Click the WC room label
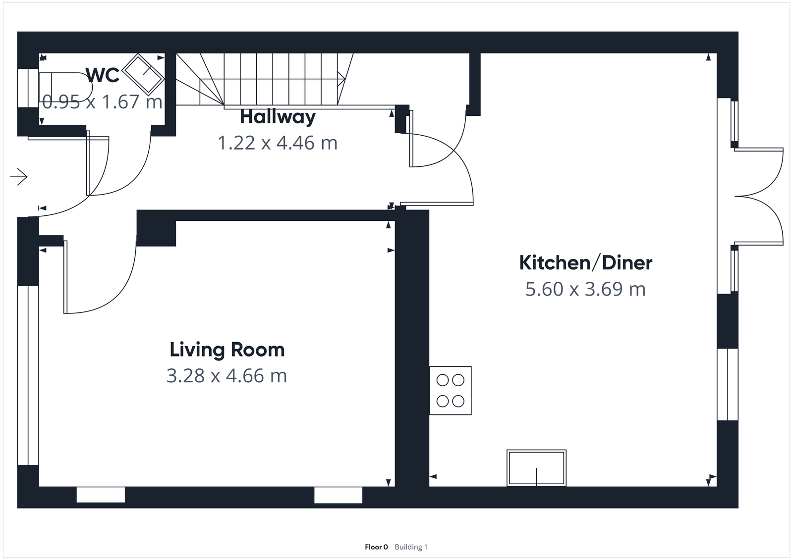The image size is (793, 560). click(x=103, y=75)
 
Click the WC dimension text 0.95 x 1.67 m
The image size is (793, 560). click(x=102, y=102)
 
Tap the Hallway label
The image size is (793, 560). click(x=278, y=117)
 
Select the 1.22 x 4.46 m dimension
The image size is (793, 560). click(x=278, y=143)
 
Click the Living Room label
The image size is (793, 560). click(x=227, y=350)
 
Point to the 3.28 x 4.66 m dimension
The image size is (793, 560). click(x=227, y=376)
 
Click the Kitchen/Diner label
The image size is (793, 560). click(x=585, y=262)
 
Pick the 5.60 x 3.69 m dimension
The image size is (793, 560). click(x=585, y=289)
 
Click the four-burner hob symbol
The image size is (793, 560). click(x=450, y=390)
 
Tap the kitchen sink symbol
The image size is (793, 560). click(x=536, y=467)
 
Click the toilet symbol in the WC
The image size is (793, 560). click(x=64, y=89)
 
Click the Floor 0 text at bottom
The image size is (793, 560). click(x=376, y=547)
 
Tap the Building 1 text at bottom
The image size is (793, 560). click(x=411, y=547)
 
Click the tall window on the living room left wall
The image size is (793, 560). click(x=28, y=375)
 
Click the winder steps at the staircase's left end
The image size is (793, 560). click(x=198, y=79)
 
